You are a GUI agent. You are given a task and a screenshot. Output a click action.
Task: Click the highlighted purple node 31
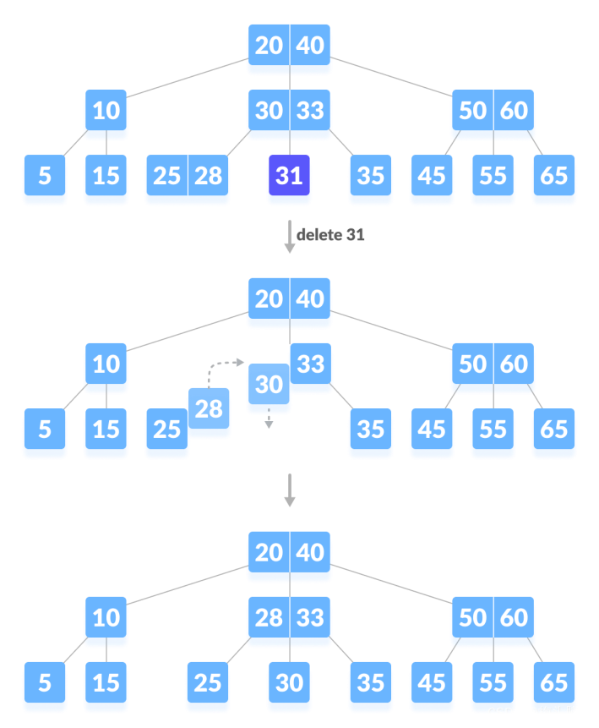pos(289,178)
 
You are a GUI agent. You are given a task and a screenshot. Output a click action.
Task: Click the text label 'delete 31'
pos(330,235)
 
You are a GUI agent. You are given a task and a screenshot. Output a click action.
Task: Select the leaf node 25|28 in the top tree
pos(188,178)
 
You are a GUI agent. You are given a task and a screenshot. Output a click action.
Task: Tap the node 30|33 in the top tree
pos(289,112)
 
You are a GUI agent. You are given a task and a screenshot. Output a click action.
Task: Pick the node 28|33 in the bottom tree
pos(289,619)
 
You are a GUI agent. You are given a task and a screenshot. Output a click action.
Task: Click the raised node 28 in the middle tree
pos(209,411)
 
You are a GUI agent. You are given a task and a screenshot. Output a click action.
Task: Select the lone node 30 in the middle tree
pos(269,386)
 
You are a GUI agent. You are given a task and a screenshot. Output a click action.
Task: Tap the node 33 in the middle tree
pos(311,365)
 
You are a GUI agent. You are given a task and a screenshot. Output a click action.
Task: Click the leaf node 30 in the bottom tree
pos(289,684)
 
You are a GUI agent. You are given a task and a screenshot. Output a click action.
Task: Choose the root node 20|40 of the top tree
pos(289,47)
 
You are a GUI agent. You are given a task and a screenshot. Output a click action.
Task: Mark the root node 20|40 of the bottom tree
pos(289,554)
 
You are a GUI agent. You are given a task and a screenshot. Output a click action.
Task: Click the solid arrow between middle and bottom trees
pos(290,490)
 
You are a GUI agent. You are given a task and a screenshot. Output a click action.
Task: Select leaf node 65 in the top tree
pos(554,178)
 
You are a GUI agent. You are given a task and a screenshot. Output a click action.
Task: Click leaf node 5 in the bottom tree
pos(45,684)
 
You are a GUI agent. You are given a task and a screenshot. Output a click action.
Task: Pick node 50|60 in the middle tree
pos(493,365)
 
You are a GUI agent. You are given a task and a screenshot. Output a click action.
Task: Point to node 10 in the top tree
pos(106,112)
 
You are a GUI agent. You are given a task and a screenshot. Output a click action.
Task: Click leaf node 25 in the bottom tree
pos(208,684)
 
